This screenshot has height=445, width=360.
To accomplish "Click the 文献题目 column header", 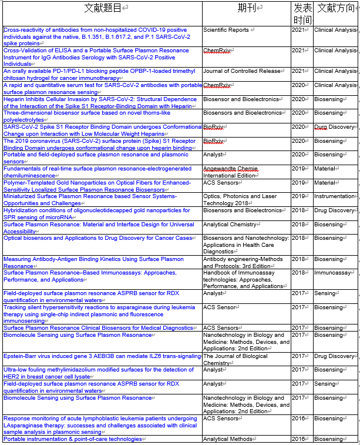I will point(102,8).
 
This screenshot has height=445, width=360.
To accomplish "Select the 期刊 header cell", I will point(246,8).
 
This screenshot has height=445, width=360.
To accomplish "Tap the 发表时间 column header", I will point(302,14).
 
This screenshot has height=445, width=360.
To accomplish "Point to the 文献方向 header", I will point(336,8).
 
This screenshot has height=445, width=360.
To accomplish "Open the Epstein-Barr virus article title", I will point(102,356).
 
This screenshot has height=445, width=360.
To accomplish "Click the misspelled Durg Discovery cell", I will point(334,127).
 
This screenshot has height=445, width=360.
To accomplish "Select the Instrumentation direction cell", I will point(334,196).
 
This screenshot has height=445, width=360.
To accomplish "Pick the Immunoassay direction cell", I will point(334,273).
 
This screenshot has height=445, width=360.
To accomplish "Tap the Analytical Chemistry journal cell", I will point(230,225).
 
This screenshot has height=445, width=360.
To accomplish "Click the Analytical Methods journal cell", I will point(228,439).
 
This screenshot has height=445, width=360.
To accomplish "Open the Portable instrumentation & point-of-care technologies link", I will point(73,439).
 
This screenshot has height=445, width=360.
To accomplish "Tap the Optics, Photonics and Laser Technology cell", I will point(240,200).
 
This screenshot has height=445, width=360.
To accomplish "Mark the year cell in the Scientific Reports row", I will point(299,30).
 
